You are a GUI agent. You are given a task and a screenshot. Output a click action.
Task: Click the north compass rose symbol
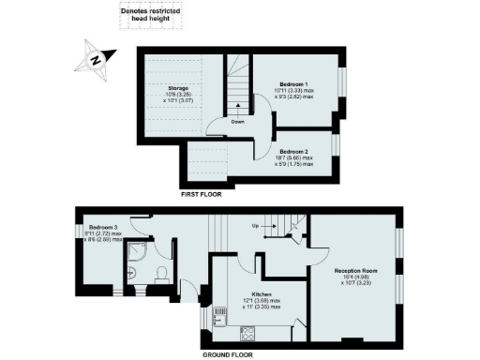[x=95, y=61]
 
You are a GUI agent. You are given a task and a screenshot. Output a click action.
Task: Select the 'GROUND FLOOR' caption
[x=229, y=355]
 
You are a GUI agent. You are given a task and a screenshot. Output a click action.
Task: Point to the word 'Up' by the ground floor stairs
[x=255, y=226]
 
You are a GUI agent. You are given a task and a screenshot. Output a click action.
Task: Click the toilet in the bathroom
[x=160, y=275]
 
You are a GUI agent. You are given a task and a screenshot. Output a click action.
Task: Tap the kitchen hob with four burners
[x=248, y=332]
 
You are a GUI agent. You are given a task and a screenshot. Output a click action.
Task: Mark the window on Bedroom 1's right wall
[x=342, y=84]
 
